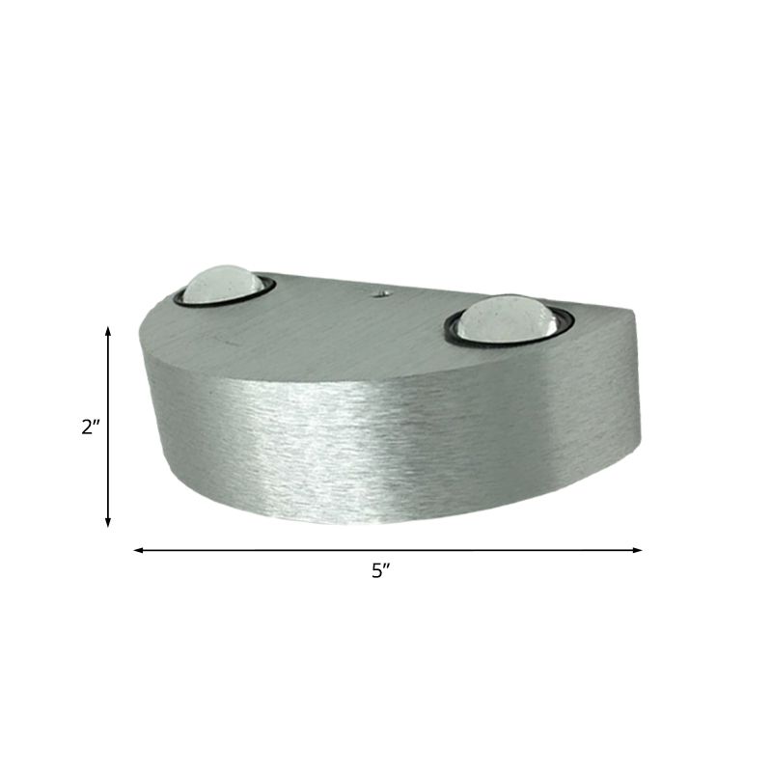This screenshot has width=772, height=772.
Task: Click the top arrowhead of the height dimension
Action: [x=108, y=331]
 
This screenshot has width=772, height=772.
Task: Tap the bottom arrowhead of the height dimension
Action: [x=108, y=522]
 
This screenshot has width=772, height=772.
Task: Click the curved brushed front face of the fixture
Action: [x=367, y=444]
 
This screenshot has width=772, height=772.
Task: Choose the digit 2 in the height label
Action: [x=87, y=427]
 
